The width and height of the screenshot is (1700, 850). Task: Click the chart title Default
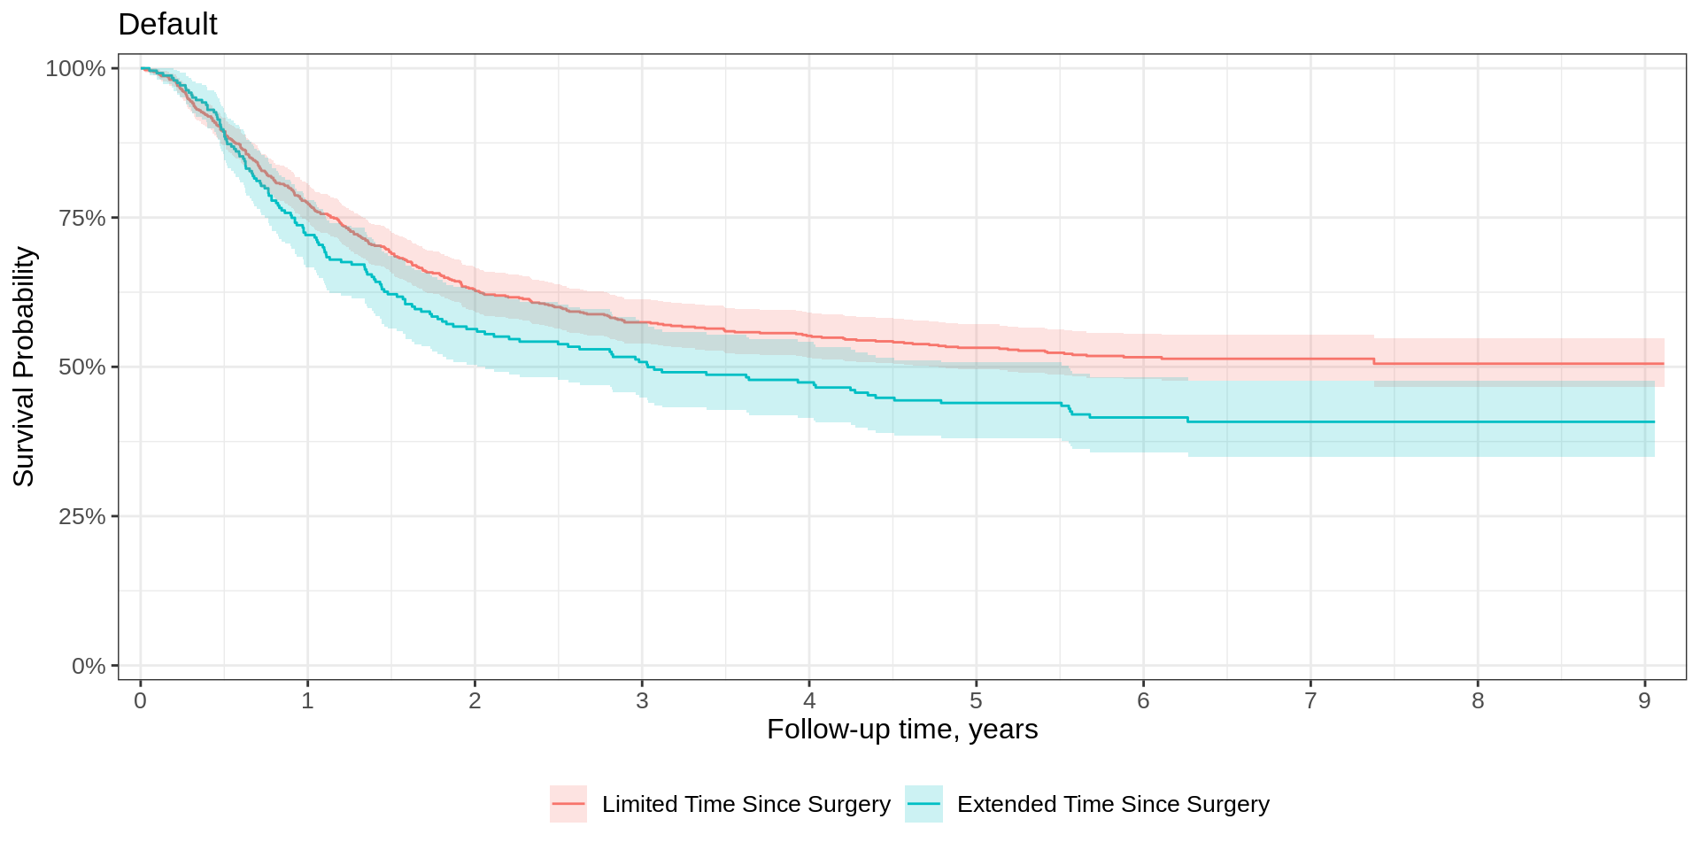tap(167, 25)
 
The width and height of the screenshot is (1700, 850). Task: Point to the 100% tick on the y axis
tap(75, 69)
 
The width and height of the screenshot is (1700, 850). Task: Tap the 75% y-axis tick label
tap(81, 218)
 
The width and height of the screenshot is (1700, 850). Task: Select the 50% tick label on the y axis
tap(81, 367)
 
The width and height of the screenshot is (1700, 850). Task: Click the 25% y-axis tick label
tap(81, 516)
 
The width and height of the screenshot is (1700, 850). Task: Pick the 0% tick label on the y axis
tap(88, 666)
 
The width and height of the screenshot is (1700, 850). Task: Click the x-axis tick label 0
tap(140, 701)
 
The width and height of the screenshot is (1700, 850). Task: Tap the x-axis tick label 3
tap(642, 701)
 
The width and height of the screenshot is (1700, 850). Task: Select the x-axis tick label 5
tap(976, 701)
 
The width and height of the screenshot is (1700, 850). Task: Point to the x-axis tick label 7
tap(1310, 701)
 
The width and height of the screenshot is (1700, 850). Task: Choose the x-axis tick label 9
tap(1644, 701)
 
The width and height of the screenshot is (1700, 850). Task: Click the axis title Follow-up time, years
tap(902, 730)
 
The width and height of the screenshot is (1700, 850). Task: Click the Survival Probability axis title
tap(24, 367)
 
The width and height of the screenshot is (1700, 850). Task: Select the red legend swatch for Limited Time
tap(568, 804)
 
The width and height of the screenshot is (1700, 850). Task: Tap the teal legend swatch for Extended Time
tap(923, 804)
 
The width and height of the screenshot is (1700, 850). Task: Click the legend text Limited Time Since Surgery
tap(746, 804)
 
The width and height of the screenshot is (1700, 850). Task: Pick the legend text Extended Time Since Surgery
tap(1113, 804)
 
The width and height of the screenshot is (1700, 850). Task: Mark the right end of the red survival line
tap(1664, 364)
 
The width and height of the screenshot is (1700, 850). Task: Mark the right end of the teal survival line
tap(1654, 421)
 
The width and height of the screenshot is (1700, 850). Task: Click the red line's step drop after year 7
tap(1374, 361)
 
